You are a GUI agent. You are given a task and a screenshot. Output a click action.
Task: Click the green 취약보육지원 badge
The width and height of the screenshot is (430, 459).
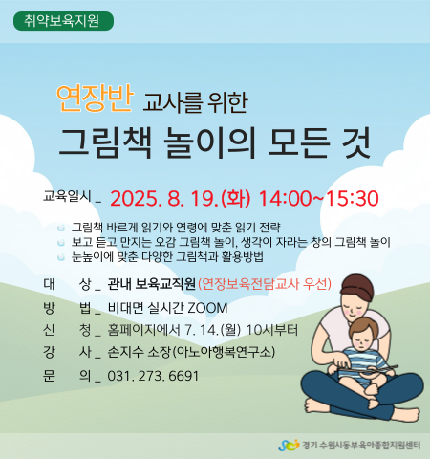63,21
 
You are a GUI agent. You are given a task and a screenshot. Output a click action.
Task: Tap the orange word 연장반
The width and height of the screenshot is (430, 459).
94,98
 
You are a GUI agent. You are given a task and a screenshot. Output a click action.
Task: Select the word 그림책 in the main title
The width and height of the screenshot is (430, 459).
105,142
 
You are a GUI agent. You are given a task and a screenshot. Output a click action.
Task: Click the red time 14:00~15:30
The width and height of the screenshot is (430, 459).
318,198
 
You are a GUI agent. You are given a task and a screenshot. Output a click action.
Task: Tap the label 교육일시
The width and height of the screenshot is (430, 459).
67,196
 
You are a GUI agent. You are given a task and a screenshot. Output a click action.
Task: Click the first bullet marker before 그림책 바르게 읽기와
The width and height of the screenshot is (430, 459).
61,229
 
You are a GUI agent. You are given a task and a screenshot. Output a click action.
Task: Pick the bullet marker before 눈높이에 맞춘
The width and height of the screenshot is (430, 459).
61,257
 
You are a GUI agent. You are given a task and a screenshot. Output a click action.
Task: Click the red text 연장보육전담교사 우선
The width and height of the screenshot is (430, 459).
265,283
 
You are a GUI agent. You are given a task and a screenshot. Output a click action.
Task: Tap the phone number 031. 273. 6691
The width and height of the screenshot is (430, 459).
153,376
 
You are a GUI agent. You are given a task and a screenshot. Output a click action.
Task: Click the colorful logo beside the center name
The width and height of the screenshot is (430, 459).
289,445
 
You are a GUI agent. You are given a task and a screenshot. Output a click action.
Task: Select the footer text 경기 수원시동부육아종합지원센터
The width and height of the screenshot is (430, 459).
361,446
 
